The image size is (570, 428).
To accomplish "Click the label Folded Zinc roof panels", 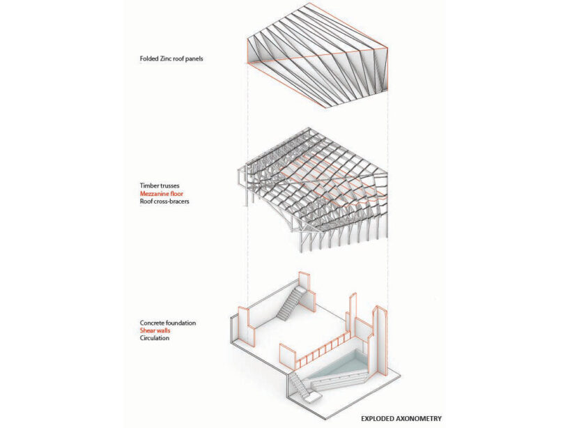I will coord(171,59).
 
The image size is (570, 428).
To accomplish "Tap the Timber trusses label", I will coord(160,186).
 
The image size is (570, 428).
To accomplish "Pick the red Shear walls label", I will coord(155,331).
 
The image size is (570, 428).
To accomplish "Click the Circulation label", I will coord(155,338).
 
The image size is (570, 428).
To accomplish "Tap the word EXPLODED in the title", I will coord(380,419).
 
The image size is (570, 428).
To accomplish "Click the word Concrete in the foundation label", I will coord(153,323).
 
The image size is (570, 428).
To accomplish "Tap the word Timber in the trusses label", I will coord(150,186).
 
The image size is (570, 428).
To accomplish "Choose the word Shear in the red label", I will coord(148,331).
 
